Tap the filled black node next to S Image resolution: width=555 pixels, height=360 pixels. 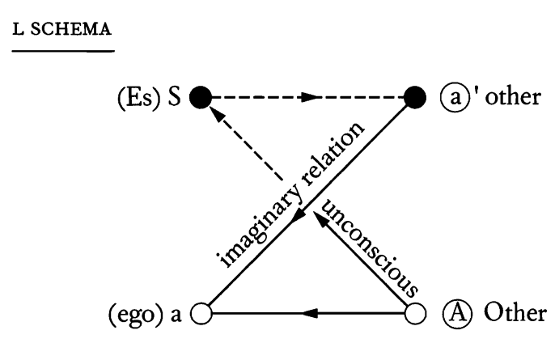click(x=199, y=99)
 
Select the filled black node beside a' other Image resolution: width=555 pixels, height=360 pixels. click(x=414, y=99)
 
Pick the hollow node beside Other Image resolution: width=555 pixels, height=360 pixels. click(x=414, y=311)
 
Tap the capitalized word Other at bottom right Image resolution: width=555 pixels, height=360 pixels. click(x=504, y=311)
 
